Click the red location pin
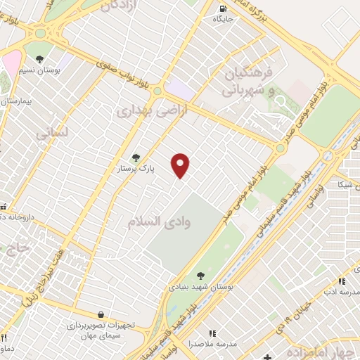tap(181, 165)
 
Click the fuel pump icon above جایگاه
tap(225, 9)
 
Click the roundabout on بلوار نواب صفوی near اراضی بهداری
tap(157, 91)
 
